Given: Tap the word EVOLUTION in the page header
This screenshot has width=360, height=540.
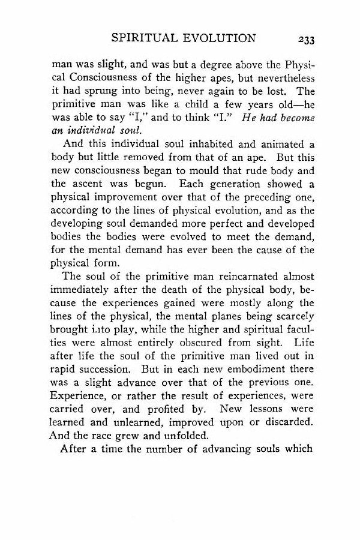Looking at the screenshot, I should [x=223, y=39].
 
